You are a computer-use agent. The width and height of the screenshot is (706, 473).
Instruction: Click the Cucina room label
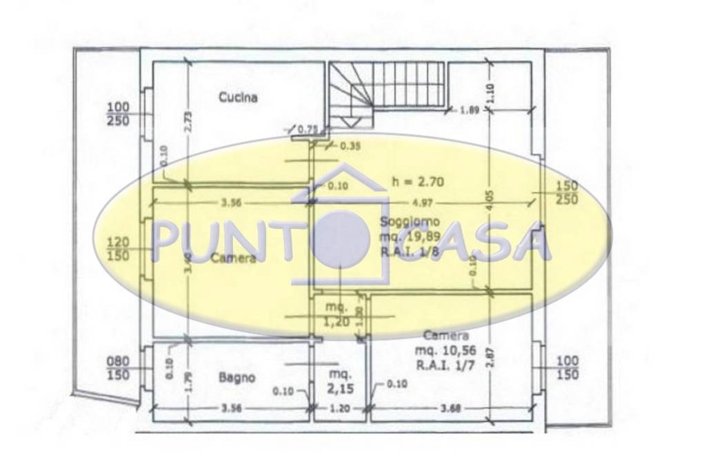(238, 97)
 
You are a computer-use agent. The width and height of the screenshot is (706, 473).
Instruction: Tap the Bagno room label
(237, 377)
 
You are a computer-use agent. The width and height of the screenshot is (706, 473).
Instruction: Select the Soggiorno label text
(410, 222)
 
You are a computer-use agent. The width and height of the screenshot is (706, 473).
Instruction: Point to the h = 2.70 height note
(417, 183)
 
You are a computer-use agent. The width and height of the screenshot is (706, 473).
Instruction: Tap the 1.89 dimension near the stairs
(470, 109)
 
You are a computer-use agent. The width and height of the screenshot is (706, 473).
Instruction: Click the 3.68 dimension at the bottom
(451, 408)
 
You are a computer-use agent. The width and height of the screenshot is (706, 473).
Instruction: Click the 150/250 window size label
(568, 193)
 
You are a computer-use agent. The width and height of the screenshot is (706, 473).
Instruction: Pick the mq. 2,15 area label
(339, 381)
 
